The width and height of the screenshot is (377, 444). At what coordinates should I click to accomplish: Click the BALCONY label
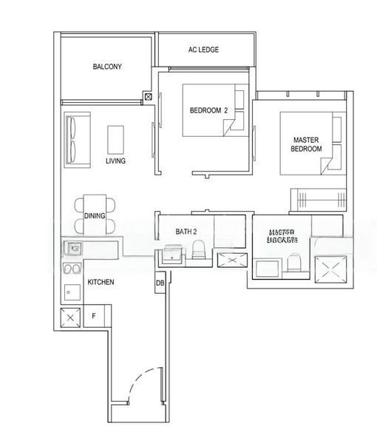click(107, 67)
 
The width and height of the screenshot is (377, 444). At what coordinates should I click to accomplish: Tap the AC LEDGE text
click(203, 50)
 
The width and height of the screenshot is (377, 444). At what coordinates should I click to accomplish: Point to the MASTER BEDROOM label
click(307, 144)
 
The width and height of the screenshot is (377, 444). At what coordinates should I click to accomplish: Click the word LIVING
click(115, 161)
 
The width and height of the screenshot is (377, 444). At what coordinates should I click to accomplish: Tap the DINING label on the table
click(95, 216)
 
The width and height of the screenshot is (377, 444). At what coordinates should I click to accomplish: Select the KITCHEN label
click(101, 283)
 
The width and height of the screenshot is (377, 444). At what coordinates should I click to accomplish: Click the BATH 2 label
click(186, 232)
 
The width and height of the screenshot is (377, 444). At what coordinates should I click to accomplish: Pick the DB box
click(160, 283)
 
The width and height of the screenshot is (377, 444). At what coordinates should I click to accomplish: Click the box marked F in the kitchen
click(93, 316)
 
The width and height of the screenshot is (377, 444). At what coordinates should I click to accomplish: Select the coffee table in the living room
click(116, 138)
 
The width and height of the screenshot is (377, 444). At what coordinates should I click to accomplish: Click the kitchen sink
click(73, 249)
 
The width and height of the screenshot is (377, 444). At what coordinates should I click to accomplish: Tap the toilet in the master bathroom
click(294, 263)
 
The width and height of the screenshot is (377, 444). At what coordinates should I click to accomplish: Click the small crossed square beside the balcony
click(149, 96)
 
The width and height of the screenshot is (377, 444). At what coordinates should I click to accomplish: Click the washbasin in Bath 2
click(170, 255)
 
